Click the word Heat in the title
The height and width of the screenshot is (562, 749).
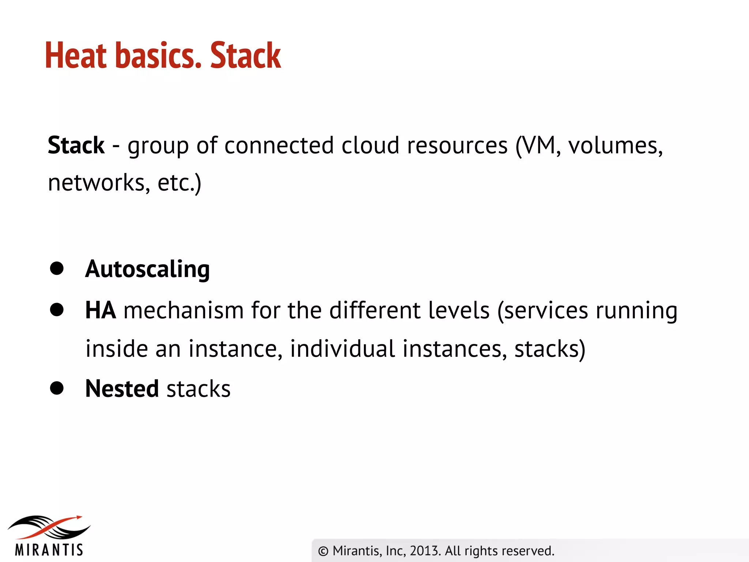pyautogui.click(x=76, y=56)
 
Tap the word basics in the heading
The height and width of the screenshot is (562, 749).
pyautogui.click(x=158, y=56)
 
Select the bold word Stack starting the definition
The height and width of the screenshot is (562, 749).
pyautogui.click(x=76, y=145)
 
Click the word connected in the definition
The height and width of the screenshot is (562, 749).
pyautogui.click(x=279, y=145)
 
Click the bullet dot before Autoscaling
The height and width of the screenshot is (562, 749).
pyautogui.click(x=57, y=268)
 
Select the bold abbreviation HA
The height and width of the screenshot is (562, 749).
pyautogui.click(x=101, y=311)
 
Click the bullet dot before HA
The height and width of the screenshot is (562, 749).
pyautogui.click(x=57, y=310)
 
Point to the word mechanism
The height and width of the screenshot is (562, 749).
pyautogui.click(x=184, y=311)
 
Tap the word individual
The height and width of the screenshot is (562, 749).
pyautogui.click(x=342, y=349)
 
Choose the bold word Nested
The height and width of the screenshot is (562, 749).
pyautogui.click(x=122, y=389)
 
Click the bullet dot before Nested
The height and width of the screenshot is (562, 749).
pyautogui.click(x=57, y=388)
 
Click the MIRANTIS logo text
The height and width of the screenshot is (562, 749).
pyautogui.click(x=49, y=550)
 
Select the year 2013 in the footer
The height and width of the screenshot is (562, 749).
pyautogui.click(x=424, y=551)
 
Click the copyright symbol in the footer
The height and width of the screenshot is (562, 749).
pyautogui.click(x=323, y=551)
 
